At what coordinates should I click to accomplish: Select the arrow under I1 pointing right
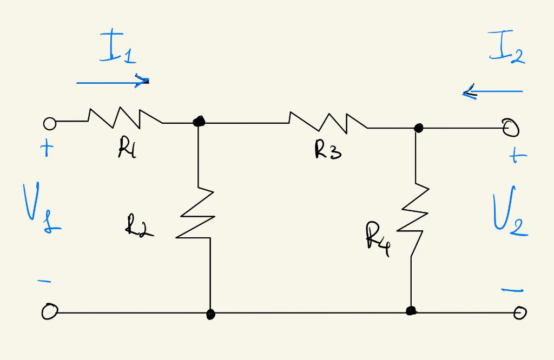pos(113,82)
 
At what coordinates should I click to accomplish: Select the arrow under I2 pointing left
pos(492,92)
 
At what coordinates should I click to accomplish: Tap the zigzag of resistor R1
pos(124,118)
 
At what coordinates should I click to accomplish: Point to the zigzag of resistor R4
pos(415,218)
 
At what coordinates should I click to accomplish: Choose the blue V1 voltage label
pos(40,208)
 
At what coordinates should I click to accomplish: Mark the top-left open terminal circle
pos(49,124)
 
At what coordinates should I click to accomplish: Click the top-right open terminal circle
pos(511,128)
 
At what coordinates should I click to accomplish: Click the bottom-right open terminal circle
pos(519,312)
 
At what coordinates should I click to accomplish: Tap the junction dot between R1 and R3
pos(199,121)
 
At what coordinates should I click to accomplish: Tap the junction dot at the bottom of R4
pos(411,310)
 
